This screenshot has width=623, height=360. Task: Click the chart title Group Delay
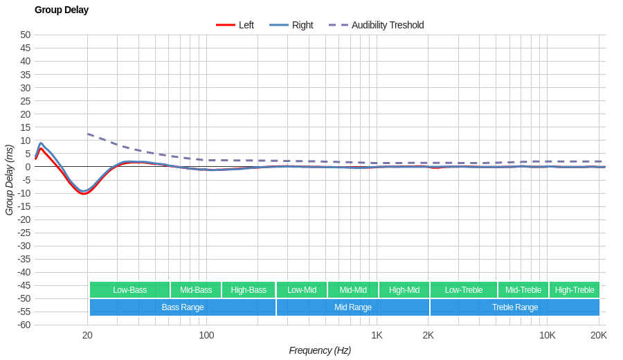pyautogui.click(x=62, y=10)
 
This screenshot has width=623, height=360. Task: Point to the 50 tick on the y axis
pyautogui.click(x=26, y=35)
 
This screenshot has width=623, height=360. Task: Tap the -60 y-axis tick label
pyautogui.click(x=24, y=325)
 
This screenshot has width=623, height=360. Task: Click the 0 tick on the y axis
pyautogui.click(x=28, y=167)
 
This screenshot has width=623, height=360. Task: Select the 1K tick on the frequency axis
pyautogui.click(x=377, y=336)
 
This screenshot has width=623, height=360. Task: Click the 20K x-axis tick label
pyautogui.click(x=599, y=336)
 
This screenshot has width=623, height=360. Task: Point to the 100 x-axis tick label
pyautogui.click(x=206, y=336)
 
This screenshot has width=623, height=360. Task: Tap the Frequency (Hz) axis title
pyautogui.click(x=320, y=350)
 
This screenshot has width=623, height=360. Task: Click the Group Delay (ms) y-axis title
pyautogui.click(x=9, y=180)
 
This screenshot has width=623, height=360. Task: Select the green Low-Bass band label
pyautogui.click(x=129, y=290)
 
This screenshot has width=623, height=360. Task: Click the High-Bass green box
pyautogui.click(x=249, y=290)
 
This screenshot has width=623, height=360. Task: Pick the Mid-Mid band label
pyautogui.click(x=353, y=290)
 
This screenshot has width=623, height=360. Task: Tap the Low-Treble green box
pyautogui.click(x=464, y=290)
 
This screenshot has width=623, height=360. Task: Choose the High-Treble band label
pyautogui.click(x=575, y=290)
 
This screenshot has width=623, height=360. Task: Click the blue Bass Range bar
pyautogui.click(x=183, y=307)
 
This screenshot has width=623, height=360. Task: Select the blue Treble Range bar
pyautogui.click(x=515, y=307)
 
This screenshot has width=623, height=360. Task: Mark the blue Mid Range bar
pyautogui.click(x=353, y=307)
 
